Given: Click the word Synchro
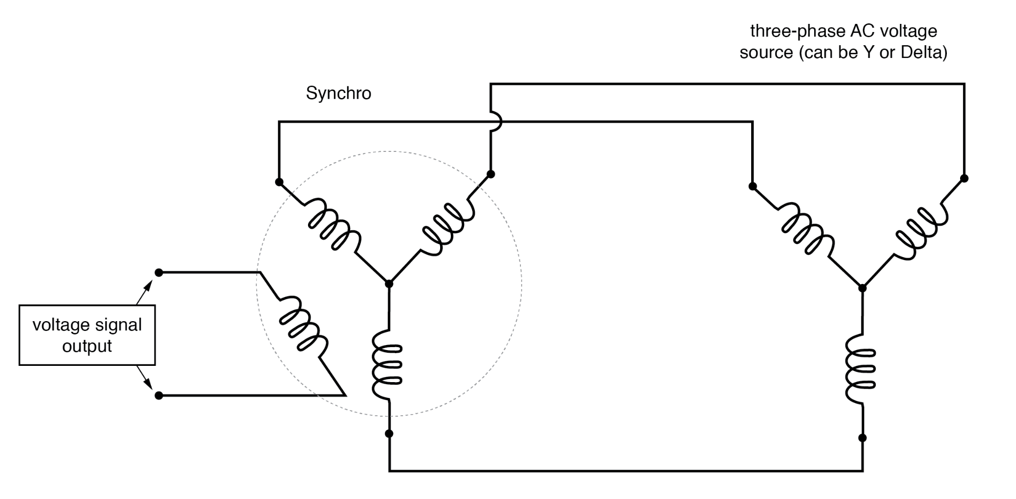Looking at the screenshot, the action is point(338,93).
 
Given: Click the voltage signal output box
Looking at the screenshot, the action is point(87,335).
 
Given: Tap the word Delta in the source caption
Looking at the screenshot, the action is point(921,53).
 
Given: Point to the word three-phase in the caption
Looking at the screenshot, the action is point(797,32).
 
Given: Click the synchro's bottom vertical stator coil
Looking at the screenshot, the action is point(387,364).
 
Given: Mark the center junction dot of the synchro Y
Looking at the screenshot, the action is point(389,284).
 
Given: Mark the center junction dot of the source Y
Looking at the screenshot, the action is point(862,288).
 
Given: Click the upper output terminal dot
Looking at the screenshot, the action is point(159,273).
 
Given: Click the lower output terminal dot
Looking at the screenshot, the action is point(159,395).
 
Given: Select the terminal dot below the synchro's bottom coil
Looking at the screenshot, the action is point(389,433).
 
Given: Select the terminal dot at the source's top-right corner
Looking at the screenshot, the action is point(964,178).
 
